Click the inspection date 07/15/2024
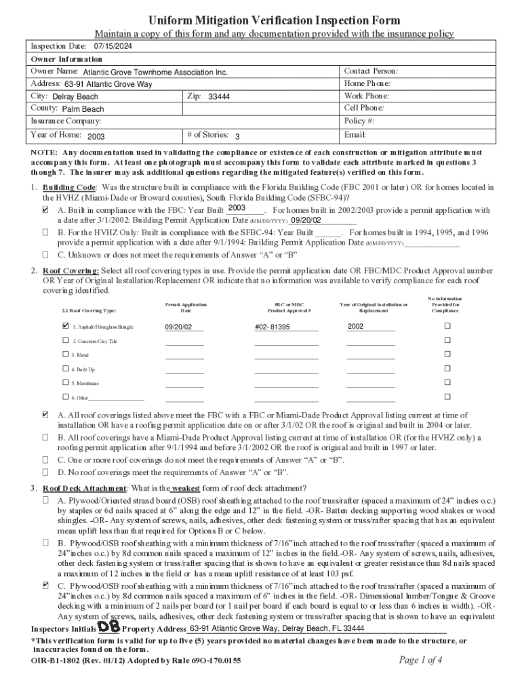[x=113, y=46]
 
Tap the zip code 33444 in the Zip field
[x=219, y=97]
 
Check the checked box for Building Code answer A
[x=45, y=210]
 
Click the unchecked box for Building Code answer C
[x=45, y=255]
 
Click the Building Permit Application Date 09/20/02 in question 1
[x=306, y=220]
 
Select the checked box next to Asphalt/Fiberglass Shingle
[x=65, y=326]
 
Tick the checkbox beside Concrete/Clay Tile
[x=65, y=341]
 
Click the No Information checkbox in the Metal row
[x=447, y=354]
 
